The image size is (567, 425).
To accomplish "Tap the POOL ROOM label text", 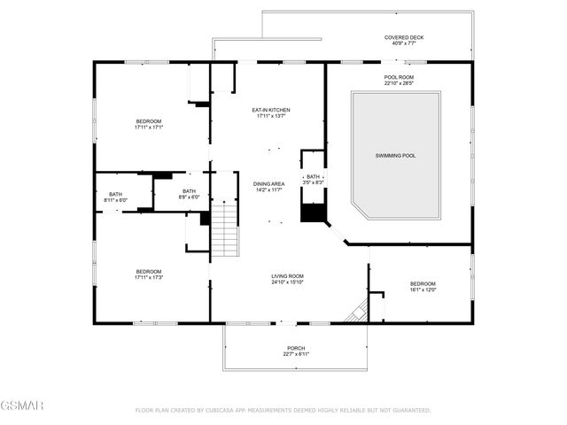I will click(x=399, y=77).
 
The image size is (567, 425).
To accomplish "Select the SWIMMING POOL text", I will click(x=396, y=155).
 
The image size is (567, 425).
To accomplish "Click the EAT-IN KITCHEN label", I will click(x=272, y=110).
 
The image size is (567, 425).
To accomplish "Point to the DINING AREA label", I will click(x=268, y=183).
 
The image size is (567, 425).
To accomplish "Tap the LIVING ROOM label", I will click(x=288, y=276).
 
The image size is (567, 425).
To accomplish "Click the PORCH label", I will click(x=296, y=348).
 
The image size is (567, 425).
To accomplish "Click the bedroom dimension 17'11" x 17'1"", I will click(x=149, y=127).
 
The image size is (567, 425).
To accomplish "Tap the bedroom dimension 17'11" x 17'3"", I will click(x=149, y=277).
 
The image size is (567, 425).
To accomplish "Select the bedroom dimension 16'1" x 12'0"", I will click(x=422, y=289).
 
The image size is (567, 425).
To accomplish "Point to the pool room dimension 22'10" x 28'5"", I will click(x=399, y=83).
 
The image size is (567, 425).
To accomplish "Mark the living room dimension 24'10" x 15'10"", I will click(x=288, y=282).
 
